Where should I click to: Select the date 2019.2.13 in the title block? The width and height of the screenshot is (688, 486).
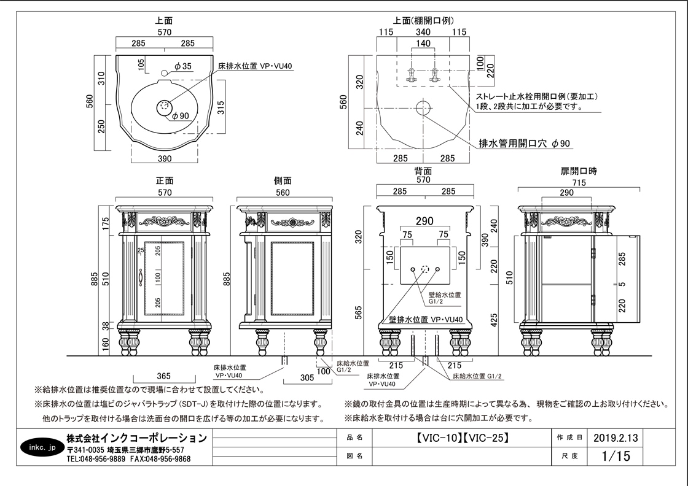click(616, 438)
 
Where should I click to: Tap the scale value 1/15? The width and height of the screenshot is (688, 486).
click(616, 456)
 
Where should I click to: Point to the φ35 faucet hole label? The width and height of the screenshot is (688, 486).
click(183, 66)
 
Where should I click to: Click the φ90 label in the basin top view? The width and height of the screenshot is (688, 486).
click(180, 116)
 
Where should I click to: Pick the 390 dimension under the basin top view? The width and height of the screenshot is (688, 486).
click(165, 158)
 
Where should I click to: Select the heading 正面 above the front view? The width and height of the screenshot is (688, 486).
click(165, 180)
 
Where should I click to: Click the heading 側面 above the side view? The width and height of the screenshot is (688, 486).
click(283, 180)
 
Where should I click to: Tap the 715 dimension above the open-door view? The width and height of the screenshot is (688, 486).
click(579, 182)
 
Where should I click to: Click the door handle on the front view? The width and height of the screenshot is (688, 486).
click(141, 277)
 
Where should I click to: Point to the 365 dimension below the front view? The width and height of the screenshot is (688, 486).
click(163, 376)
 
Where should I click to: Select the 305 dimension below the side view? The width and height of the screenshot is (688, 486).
click(307, 377)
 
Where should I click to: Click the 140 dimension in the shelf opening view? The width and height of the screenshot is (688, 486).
click(423, 43)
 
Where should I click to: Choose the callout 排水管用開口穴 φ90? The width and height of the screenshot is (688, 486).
click(525, 144)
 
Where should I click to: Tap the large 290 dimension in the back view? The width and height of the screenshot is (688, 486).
click(424, 222)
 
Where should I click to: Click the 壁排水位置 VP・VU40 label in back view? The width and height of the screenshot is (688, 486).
click(426, 320)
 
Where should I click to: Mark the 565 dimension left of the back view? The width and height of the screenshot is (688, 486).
click(359, 312)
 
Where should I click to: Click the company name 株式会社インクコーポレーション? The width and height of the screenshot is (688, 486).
click(136, 438)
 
